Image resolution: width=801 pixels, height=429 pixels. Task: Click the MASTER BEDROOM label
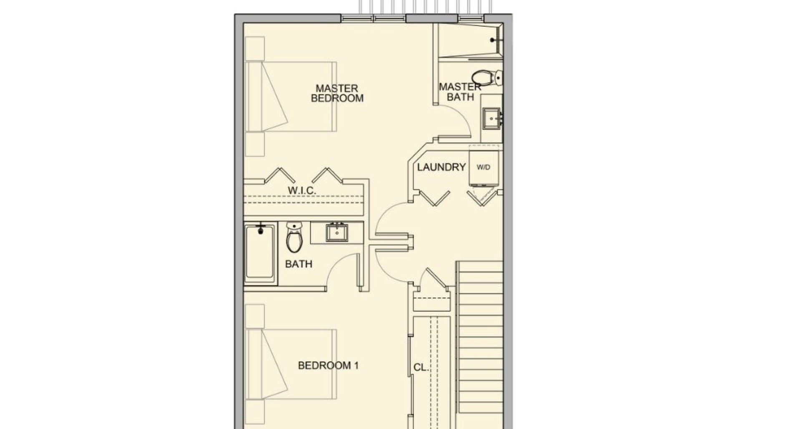coord(337,93)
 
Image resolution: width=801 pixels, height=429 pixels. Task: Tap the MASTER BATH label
coord(460,92)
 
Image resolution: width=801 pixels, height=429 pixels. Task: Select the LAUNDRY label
coord(441,167)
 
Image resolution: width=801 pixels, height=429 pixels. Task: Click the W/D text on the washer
coord(484,167)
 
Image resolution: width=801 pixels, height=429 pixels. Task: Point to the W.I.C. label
coord(302,190)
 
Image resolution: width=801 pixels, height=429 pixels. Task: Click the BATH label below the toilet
coord(299,264)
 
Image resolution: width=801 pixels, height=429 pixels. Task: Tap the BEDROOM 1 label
coord(328,366)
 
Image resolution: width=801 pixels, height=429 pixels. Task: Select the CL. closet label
coord(421,368)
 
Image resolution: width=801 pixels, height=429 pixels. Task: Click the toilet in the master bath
coord(486,77)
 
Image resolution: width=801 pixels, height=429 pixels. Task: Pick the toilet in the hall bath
coord(294,238)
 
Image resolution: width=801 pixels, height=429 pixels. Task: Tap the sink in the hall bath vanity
coord(337,232)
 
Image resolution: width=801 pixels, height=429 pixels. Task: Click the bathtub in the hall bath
coord(260,253)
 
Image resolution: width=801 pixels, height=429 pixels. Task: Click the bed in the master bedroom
coord(291,97)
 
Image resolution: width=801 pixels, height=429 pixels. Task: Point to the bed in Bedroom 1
coord(291,365)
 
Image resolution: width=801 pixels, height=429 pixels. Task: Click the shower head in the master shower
coord(496,40)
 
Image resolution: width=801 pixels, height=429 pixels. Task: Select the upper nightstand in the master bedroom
coord(255,48)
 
